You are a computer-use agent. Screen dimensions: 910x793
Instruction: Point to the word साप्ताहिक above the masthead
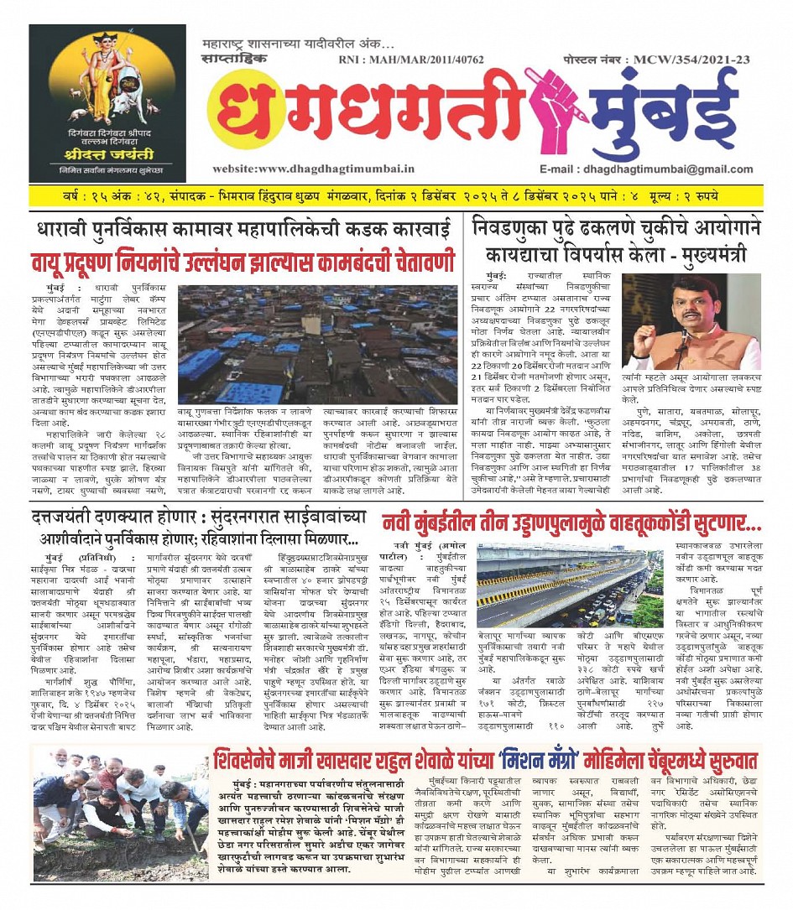pyautogui.click(x=236, y=60)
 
